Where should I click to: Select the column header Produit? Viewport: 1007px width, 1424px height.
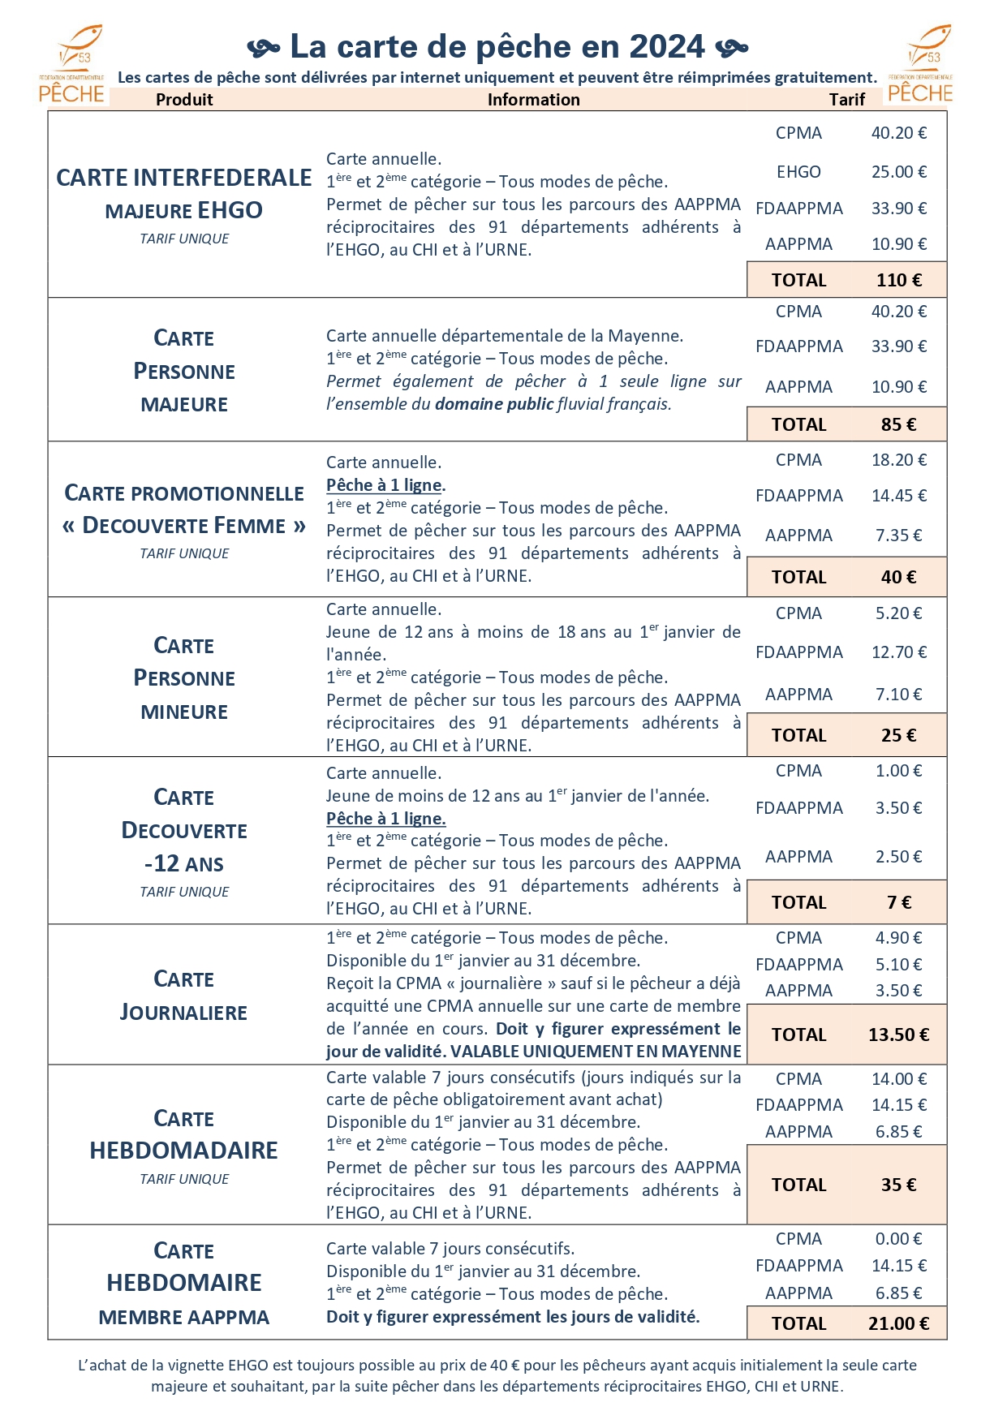(184, 100)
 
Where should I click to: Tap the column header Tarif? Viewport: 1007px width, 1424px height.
(846, 100)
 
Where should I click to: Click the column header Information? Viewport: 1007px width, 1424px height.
(533, 100)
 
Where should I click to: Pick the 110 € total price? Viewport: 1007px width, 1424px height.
(899, 280)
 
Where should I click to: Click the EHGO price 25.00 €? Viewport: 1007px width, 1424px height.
(899, 172)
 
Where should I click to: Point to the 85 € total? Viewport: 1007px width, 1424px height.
(899, 424)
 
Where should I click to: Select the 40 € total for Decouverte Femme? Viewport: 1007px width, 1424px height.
(899, 577)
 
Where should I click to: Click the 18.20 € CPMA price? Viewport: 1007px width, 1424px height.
(899, 460)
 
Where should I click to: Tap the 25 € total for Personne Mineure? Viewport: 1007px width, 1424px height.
(899, 735)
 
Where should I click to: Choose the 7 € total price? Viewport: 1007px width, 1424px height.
(899, 902)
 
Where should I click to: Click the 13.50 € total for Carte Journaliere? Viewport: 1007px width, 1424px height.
(899, 1035)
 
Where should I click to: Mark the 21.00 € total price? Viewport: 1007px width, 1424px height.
(899, 1323)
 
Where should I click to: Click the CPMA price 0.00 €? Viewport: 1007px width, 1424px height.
(899, 1239)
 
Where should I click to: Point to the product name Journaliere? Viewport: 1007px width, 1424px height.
(184, 1013)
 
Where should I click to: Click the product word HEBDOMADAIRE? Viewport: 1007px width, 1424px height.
(184, 1151)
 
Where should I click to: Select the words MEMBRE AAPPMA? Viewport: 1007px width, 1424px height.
(184, 1318)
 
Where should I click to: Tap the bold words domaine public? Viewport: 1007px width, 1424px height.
(494, 404)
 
